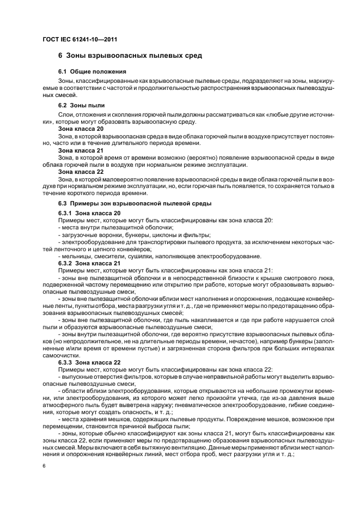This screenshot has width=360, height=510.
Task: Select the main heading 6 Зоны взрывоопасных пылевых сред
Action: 130,56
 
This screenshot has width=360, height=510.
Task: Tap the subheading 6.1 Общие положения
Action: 92,71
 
